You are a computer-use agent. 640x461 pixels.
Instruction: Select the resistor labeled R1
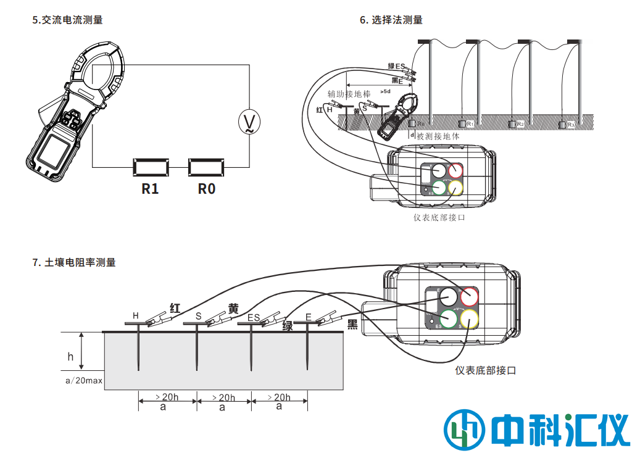pyautogui.click(x=151, y=167)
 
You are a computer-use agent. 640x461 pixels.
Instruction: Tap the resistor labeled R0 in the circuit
pyautogui.click(x=206, y=167)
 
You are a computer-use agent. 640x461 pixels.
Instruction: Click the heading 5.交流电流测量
pyautogui.click(x=67, y=20)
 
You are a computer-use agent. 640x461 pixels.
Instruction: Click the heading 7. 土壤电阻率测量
pyautogui.click(x=74, y=262)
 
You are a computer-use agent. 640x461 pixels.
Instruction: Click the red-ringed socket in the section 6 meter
pyautogui.click(x=456, y=170)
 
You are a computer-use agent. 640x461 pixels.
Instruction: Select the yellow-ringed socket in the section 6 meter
pyautogui.click(x=455, y=187)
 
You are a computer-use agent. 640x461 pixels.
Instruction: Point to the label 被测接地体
pyautogui.click(x=438, y=136)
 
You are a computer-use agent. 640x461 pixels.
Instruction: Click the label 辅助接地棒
pyautogui.click(x=349, y=94)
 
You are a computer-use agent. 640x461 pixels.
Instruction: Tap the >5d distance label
pyautogui.click(x=385, y=91)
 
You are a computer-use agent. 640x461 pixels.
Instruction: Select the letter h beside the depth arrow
pyautogui.click(x=70, y=357)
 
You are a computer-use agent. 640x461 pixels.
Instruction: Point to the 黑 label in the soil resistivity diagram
pyautogui.click(x=352, y=325)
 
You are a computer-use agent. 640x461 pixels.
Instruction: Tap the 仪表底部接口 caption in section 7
pyautogui.click(x=485, y=370)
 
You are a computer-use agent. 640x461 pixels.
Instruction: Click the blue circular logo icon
pyautogui.click(x=462, y=427)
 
